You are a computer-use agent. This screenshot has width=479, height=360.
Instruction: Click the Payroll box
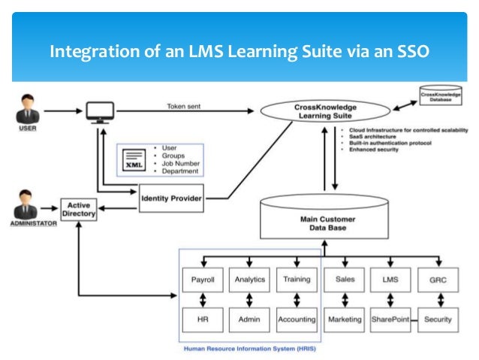[203, 280]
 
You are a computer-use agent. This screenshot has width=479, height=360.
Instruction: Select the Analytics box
[249, 280]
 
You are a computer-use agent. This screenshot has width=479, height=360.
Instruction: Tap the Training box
[297, 280]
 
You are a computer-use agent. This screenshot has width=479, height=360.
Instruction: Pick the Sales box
[344, 280]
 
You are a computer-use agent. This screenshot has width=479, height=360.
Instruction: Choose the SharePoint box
[390, 319]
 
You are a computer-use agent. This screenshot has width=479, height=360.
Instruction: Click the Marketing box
[344, 319]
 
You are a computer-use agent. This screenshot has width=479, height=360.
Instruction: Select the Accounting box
[297, 319]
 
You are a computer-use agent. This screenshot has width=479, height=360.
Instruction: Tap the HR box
[203, 319]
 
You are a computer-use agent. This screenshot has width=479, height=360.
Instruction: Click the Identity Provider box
[171, 198]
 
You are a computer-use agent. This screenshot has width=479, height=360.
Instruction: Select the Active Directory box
[79, 209]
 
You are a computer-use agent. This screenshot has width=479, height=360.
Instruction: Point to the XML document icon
[134, 160]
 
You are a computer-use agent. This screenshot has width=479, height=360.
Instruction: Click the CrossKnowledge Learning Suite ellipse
[325, 111]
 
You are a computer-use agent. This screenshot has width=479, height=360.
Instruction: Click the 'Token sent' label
[183, 106]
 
